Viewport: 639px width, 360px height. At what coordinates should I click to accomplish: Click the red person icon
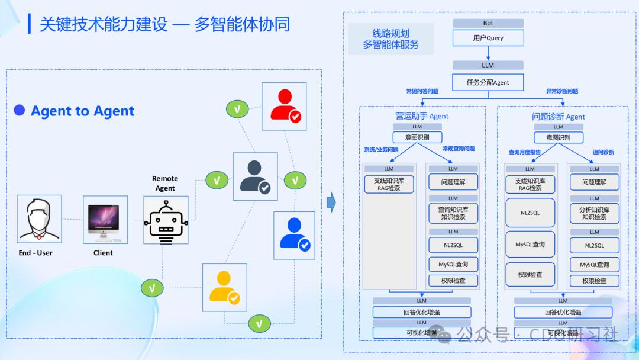(x=285, y=105)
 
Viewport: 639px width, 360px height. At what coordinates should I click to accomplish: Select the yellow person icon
(x=224, y=287)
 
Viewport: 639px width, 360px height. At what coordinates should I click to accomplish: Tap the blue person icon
(x=294, y=234)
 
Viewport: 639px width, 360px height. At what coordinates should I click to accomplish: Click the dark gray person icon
(x=255, y=176)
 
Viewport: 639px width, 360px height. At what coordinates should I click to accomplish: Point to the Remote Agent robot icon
(x=166, y=220)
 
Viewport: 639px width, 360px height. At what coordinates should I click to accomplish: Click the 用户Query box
(x=488, y=38)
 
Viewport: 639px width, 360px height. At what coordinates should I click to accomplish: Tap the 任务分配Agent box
(x=488, y=82)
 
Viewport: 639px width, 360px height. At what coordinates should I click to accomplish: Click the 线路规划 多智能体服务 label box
(x=390, y=39)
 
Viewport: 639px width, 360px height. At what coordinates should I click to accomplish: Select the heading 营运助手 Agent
(x=422, y=116)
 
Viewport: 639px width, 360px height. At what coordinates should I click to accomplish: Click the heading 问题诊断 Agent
(x=559, y=117)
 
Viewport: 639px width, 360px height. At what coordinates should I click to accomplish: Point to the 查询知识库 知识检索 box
(x=453, y=213)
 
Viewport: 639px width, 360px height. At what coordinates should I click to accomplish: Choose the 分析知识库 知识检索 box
(x=594, y=213)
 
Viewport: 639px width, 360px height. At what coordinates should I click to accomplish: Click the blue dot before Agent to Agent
(x=20, y=110)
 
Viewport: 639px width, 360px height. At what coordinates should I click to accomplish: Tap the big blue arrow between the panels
(x=332, y=203)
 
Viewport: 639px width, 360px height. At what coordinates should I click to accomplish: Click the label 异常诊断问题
(x=561, y=92)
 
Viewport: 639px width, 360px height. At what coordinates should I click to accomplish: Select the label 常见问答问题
(x=422, y=92)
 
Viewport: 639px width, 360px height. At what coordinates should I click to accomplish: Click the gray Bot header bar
(x=488, y=23)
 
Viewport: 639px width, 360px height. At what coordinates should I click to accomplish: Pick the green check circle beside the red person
(x=237, y=109)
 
